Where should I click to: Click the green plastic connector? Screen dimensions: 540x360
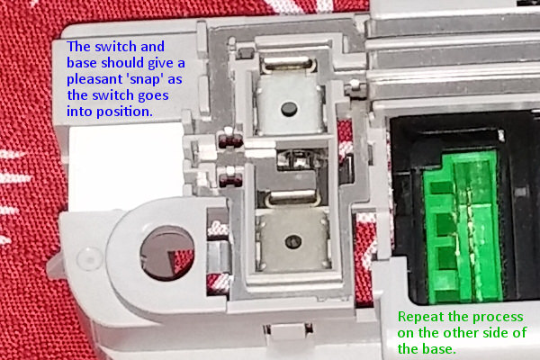click(463, 227)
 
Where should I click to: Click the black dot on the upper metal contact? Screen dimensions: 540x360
click(289, 109)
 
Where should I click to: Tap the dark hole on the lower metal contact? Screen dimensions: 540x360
click(293, 241)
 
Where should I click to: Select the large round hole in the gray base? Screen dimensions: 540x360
click(167, 253)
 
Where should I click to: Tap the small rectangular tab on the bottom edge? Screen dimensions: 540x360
click(288, 331)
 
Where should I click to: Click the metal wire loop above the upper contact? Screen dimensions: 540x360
click(289, 65)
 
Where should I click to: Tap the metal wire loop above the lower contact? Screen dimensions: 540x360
click(293, 199)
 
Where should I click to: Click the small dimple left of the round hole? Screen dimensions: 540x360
click(89, 257)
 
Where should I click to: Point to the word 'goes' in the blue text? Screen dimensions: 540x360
click(153, 96)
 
